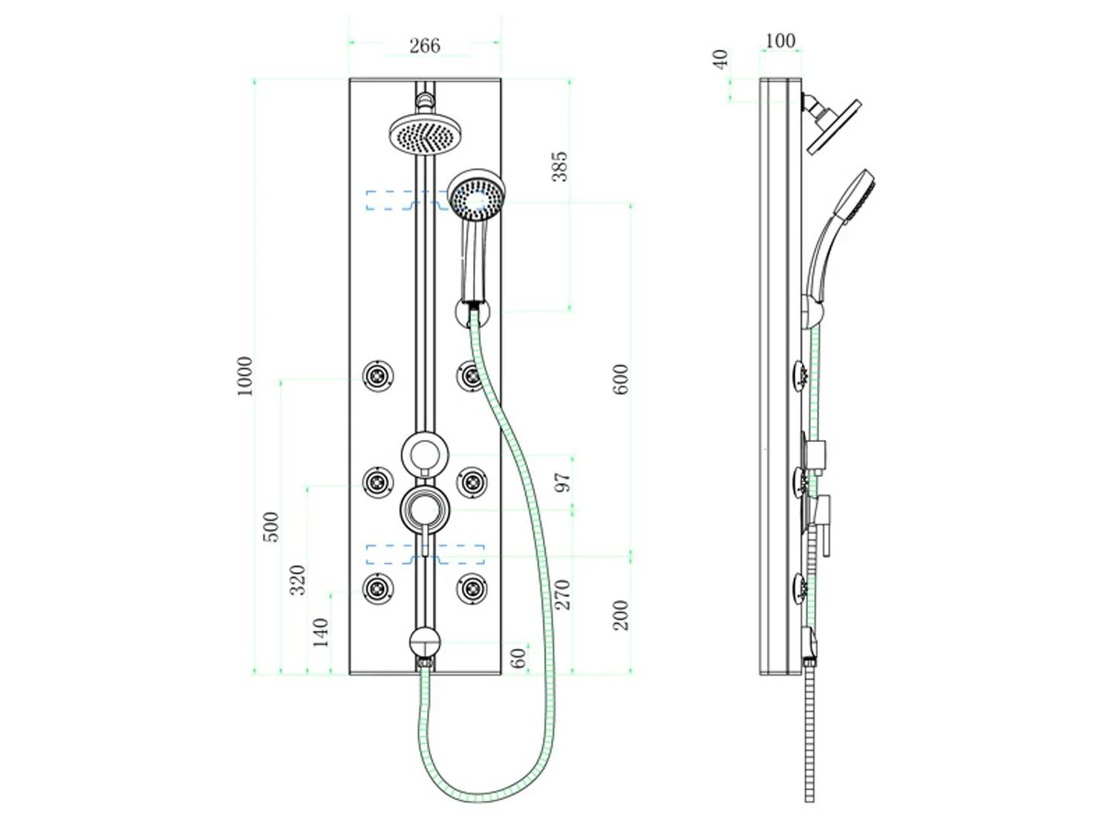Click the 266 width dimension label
click(424, 46)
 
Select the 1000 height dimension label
click(244, 376)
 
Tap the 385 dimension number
click(560, 166)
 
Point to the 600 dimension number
click(621, 379)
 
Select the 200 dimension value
click(621, 615)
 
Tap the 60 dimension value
click(518, 658)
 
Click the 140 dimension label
click(320, 632)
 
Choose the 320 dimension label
click(297, 580)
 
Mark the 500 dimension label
click(272, 527)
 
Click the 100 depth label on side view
click(780, 41)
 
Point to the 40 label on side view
click(720, 59)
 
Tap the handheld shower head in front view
click(477, 196)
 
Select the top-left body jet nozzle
click(378, 376)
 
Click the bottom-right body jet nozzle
click(472, 589)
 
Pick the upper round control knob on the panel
click(425, 454)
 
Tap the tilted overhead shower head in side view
click(833, 126)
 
